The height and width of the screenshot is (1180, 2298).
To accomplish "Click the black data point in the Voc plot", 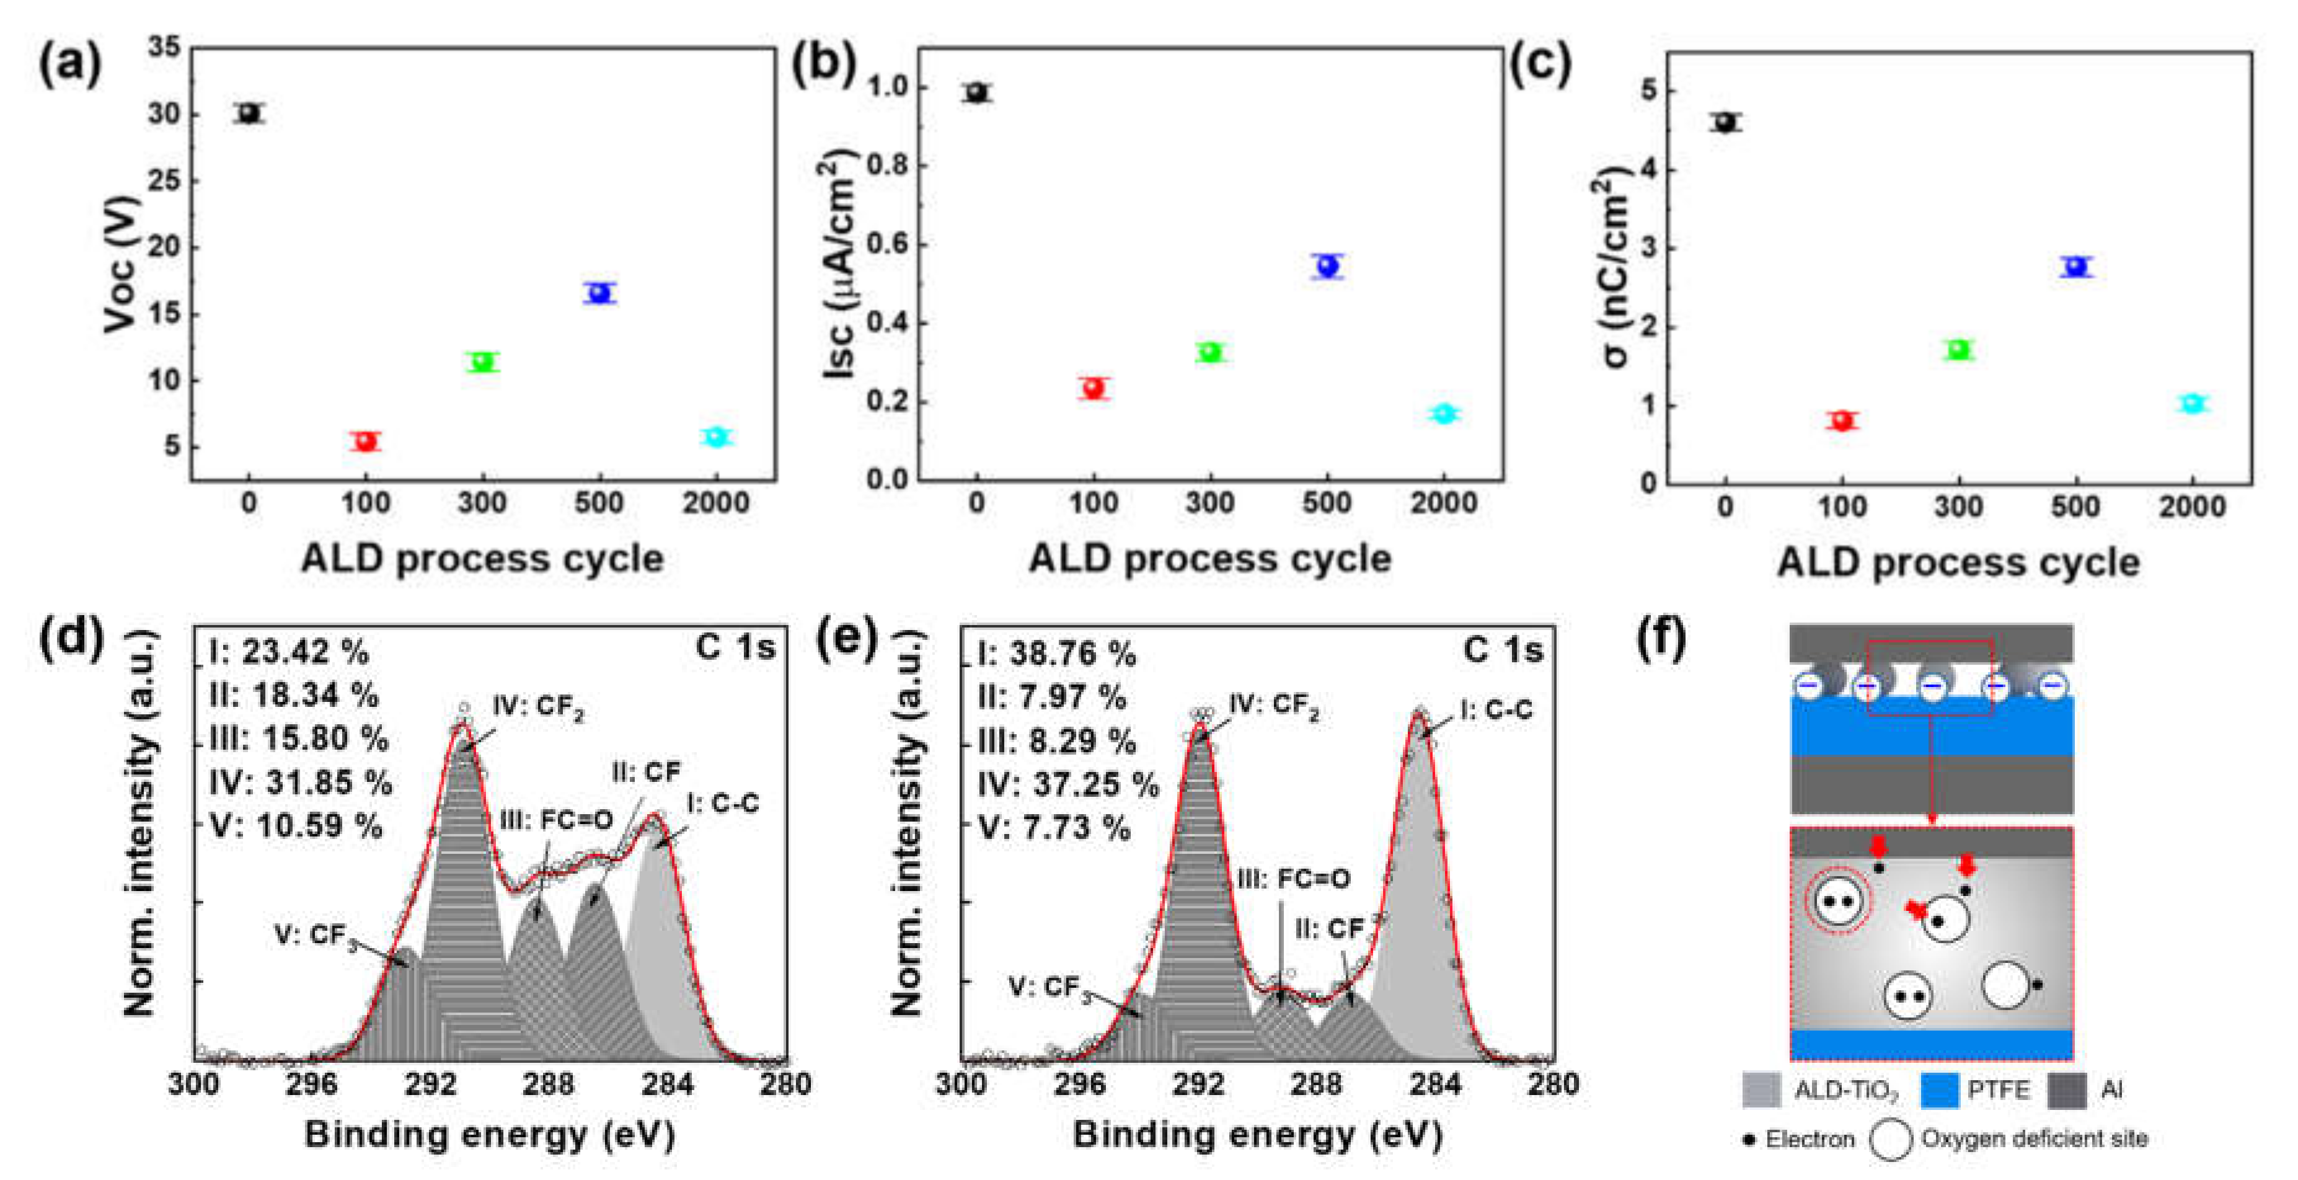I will (x=249, y=113).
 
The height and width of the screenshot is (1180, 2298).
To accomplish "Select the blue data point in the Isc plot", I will (x=1327, y=266).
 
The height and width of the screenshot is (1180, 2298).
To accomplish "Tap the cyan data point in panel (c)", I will (x=2192, y=404).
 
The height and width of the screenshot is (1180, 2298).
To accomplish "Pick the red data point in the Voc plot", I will (x=365, y=441).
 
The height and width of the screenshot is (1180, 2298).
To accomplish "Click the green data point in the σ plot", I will (x=1958, y=349).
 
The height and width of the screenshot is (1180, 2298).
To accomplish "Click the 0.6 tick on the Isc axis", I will (x=888, y=244).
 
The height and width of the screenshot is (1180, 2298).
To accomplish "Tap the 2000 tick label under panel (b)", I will (x=1443, y=503).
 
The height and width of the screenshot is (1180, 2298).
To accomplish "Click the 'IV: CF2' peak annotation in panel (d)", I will (x=538, y=707).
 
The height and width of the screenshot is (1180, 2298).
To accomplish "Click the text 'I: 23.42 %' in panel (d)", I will (x=288, y=652).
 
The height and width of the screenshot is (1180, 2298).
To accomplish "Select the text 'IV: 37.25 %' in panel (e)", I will (x=1068, y=784).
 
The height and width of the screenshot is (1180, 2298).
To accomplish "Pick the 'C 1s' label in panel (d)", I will (x=735, y=648).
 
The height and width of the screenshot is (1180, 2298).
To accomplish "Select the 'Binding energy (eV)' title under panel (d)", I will (x=490, y=1135).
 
